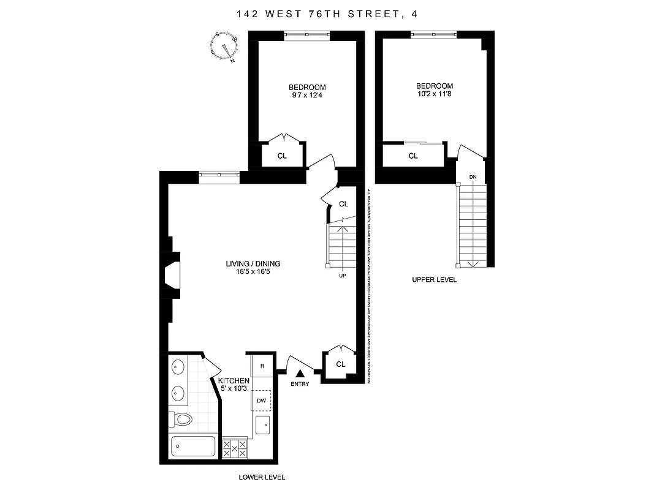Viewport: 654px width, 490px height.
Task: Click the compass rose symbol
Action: pos(224,47)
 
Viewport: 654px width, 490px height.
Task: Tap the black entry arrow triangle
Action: pos(300,372)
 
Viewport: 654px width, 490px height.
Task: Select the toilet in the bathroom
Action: pos(182,419)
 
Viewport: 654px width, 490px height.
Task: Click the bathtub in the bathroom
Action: pos(192,447)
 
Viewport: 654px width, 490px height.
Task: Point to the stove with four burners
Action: pos(234,448)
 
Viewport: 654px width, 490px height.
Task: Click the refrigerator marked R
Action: pos(262,366)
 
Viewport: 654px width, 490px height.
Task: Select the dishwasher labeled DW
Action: pos(262,401)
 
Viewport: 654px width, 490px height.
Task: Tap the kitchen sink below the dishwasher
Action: pos(262,424)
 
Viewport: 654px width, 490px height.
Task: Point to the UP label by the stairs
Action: pos(342,276)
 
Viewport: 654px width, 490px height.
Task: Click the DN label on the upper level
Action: pos(473,177)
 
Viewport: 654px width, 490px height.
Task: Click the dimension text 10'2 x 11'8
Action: pos(435,94)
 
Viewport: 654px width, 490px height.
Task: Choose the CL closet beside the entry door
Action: pos(341,364)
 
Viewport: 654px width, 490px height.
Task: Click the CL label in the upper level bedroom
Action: pos(413,156)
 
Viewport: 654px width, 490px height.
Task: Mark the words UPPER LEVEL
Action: pos(435,279)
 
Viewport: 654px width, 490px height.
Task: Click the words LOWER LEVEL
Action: pos(262,477)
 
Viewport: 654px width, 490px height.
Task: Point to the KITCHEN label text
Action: pos(234,380)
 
